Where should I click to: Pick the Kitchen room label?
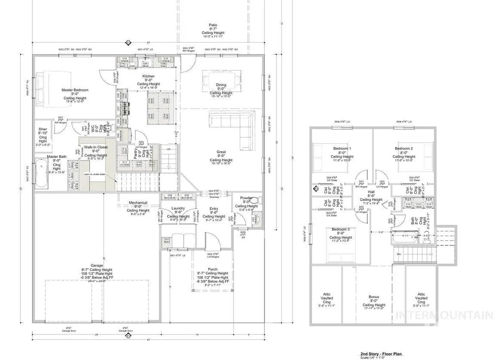point(148,76)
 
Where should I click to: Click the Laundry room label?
point(178,209)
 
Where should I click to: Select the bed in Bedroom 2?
point(425,155)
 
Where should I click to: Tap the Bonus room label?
point(374,297)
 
